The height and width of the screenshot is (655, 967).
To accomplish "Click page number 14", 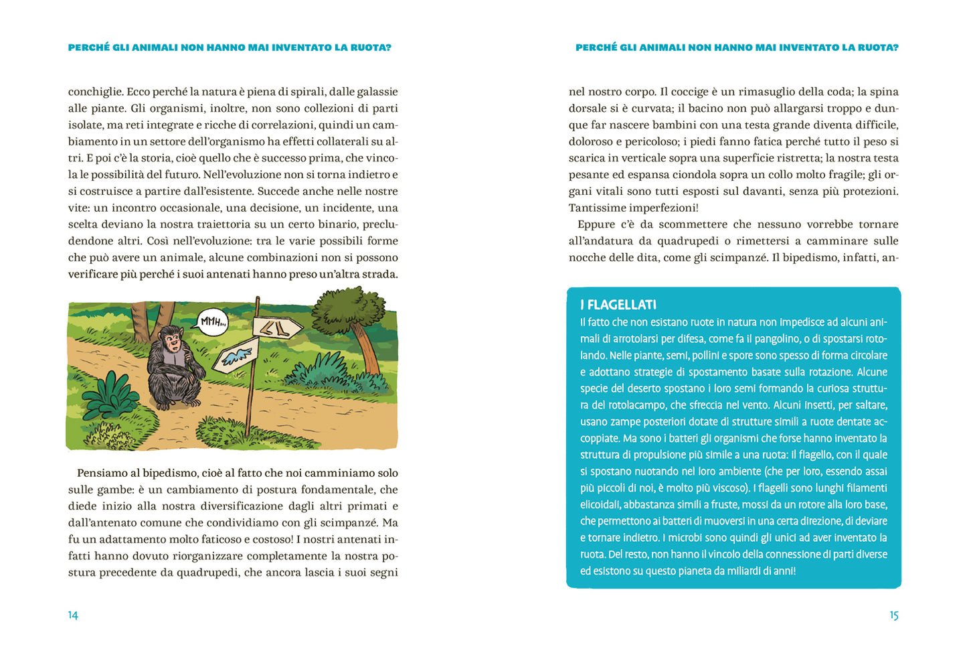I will [x=73, y=615].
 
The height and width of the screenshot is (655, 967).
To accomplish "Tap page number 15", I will [x=893, y=615].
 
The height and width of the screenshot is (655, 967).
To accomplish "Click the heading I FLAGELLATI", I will [x=618, y=305].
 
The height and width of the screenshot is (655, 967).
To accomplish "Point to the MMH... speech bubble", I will [x=213, y=321].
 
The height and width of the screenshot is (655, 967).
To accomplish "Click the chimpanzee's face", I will [x=173, y=344].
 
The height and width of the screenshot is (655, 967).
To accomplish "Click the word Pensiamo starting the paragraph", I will [x=102, y=473].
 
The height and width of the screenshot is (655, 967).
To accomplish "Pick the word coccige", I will [x=689, y=92].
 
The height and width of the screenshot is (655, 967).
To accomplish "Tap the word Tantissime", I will [x=599, y=208].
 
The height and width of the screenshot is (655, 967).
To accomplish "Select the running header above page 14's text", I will [x=230, y=48].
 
